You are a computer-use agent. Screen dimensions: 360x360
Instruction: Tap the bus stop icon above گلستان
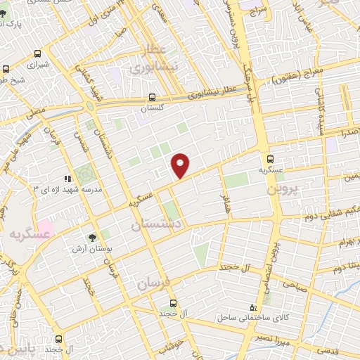[x=153, y=98]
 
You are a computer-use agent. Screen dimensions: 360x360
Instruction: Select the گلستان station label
[x=152, y=109]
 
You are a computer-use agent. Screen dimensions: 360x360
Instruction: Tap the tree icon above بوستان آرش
[x=93, y=238]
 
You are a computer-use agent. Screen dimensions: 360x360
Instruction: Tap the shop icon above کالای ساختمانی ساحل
[x=254, y=307]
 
